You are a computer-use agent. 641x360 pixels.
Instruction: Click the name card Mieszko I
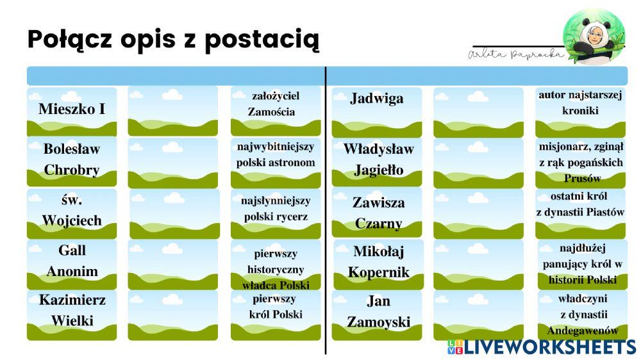[72, 110]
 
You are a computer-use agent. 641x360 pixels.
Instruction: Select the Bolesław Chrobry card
[72, 160]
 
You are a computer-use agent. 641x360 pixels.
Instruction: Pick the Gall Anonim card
[72, 261]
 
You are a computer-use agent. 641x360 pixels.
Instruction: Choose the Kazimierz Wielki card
[72, 311]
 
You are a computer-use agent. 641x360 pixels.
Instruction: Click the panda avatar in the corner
[593, 37]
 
